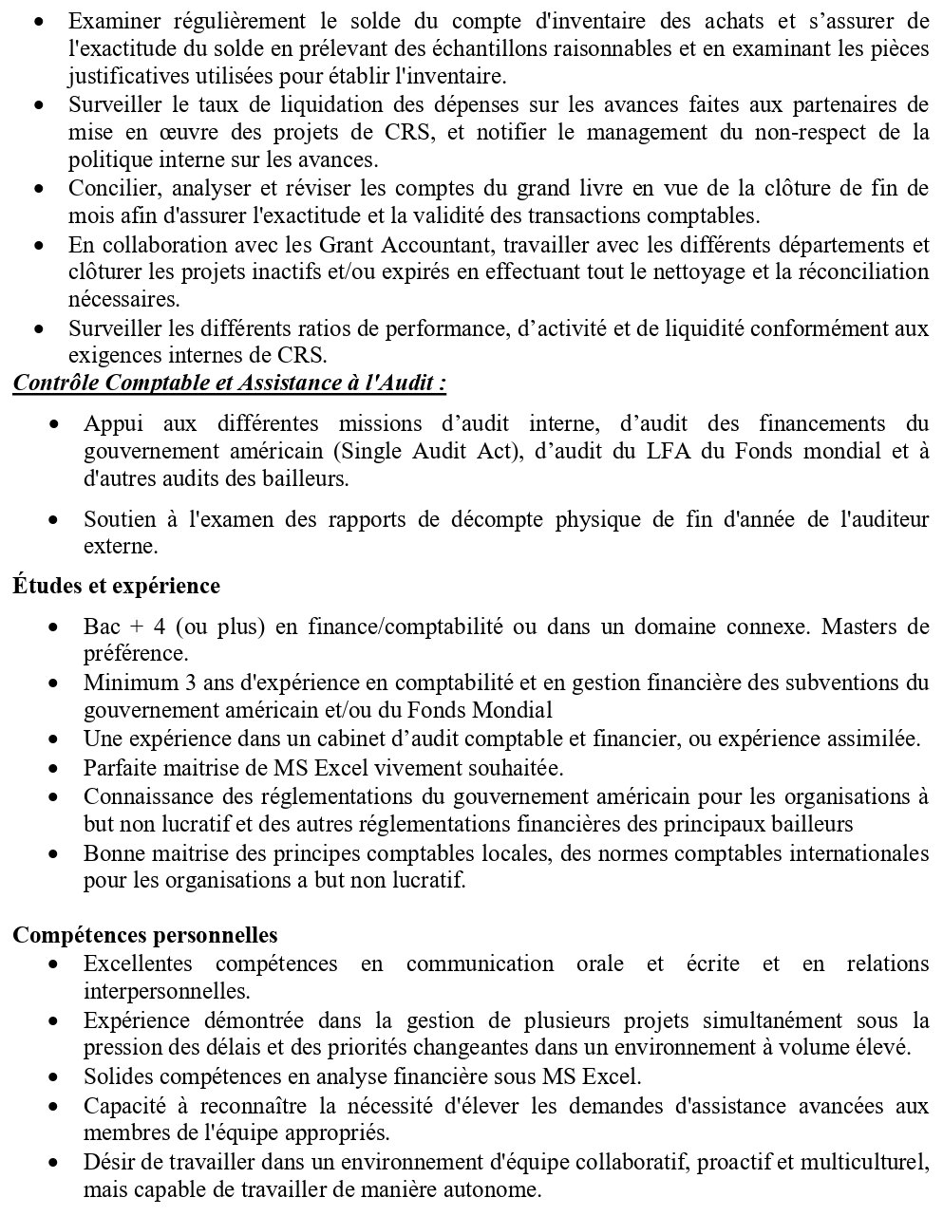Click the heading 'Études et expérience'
coord(116,586)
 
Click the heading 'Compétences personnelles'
coord(144,935)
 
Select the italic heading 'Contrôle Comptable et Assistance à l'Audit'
coord(229,384)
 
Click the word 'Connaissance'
coord(143,795)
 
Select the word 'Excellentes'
coord(138,963)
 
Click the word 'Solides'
coord(114,1077)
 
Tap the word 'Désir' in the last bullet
coord(106,1162)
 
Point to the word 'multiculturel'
coord(871,1162)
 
